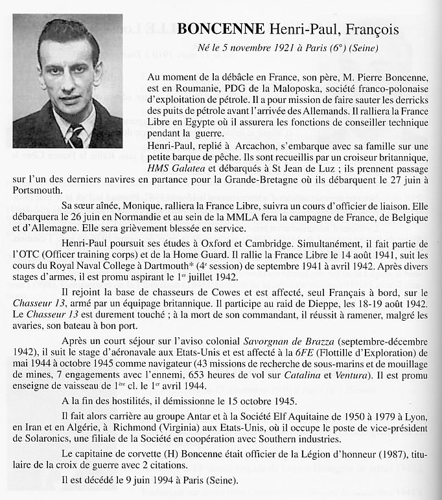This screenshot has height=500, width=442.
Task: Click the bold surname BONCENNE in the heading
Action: [221, 29]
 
